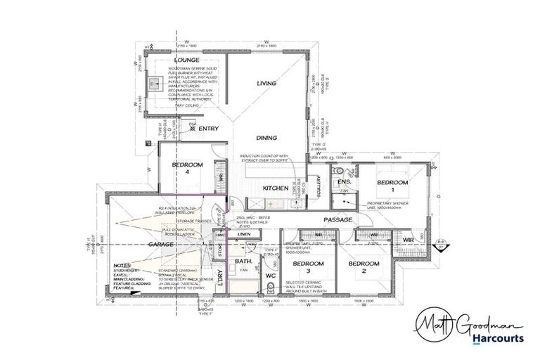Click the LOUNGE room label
tap(186, 61)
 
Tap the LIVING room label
tap(267, 83)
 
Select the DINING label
tap(267, 138)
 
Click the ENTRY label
tap(209, 129)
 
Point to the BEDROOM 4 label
tap(188, 168)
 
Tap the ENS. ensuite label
tap(345, 182)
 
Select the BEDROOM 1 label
tap(392, 186)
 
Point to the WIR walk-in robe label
tap(408, 240)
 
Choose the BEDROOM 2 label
tap(364, 267)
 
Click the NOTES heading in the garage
tap(124, 265)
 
